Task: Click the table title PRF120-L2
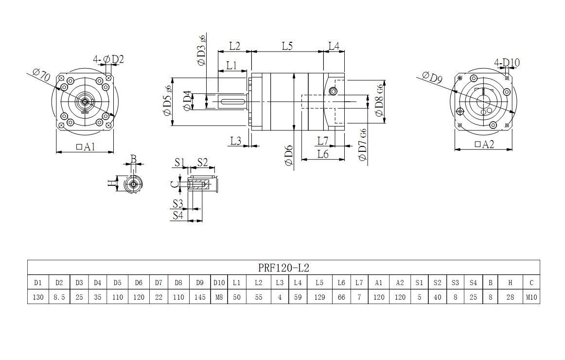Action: click(283, 268)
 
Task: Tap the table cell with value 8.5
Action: click(59, 297)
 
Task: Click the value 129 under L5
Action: click(319, 297)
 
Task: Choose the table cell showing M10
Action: click(531, 297)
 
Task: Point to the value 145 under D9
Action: click(199, 297)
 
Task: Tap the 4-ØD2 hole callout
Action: click(109, 59)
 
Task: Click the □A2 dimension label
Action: click(484, 144)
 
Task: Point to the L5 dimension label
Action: click(287, 46)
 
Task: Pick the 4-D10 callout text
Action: click(507, 62)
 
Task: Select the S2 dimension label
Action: click(202, 162)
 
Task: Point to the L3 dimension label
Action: click(236, 141)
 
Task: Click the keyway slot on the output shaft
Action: click(232, 101)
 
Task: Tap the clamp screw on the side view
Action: click(333, 90)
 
